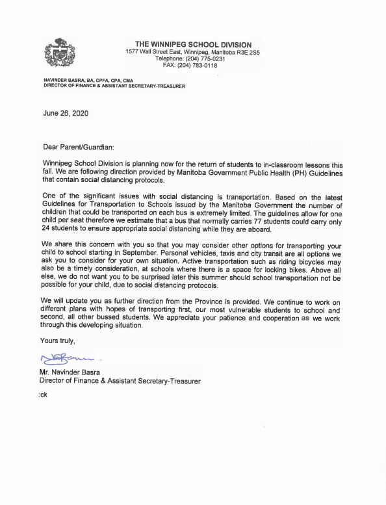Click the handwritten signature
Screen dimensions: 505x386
point(69,356)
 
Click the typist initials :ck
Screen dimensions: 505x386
point(44,394)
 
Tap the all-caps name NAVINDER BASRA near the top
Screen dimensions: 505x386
point(64,79)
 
